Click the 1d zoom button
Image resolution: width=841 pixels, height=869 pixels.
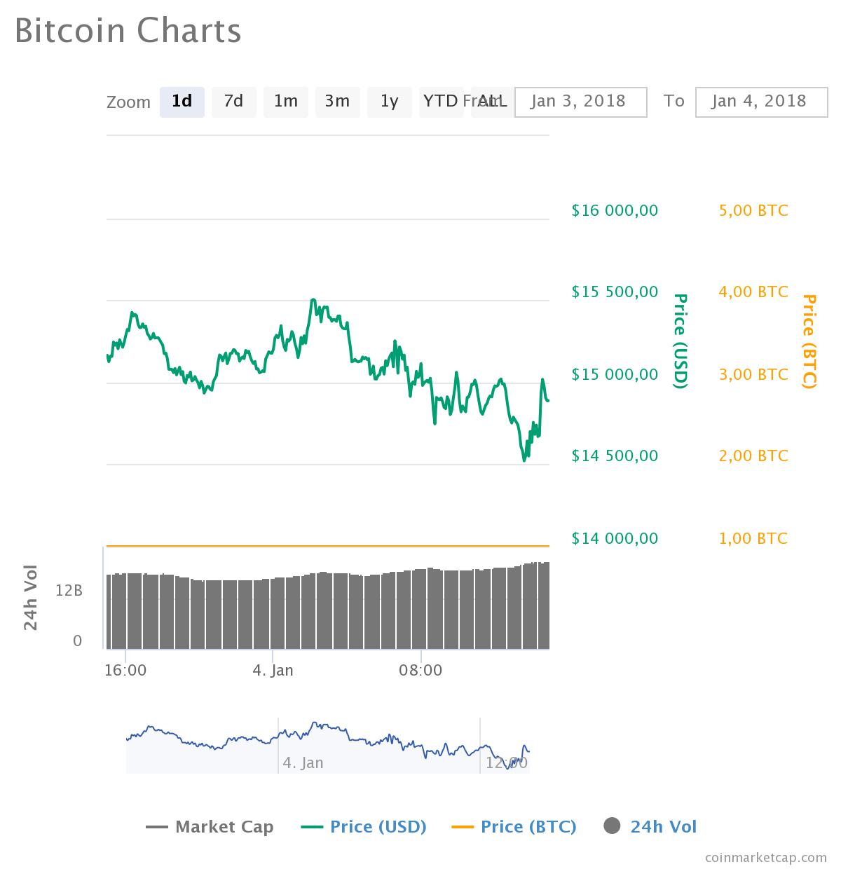(182, 102)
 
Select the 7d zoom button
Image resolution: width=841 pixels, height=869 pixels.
(233, 102)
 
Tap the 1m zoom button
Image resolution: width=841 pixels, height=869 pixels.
(285, 102)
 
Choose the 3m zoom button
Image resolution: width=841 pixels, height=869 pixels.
(337, 102)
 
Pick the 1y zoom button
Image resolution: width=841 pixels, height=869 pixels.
(389, 102)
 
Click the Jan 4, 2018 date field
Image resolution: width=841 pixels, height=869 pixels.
(761, 102)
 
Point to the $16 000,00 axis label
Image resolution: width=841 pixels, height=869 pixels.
(615, 210)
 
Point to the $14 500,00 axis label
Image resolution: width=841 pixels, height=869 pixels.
(615, 456)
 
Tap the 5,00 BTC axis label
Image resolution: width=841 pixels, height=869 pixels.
(753, 210)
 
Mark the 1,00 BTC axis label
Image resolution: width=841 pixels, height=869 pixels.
(753, 538)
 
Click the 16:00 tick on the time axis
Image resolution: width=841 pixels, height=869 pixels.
(125, 671)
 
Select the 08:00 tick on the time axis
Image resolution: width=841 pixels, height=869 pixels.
(420, 671)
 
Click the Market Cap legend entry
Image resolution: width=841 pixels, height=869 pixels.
(210, 827)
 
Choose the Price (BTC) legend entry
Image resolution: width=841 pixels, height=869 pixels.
(514, 827)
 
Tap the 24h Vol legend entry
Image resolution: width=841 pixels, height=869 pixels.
(650, 827)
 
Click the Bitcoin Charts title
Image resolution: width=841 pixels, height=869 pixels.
(128, 32)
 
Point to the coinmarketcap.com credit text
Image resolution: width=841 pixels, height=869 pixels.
(765, 857)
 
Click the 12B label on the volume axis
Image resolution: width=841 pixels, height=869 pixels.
(69, 591)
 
